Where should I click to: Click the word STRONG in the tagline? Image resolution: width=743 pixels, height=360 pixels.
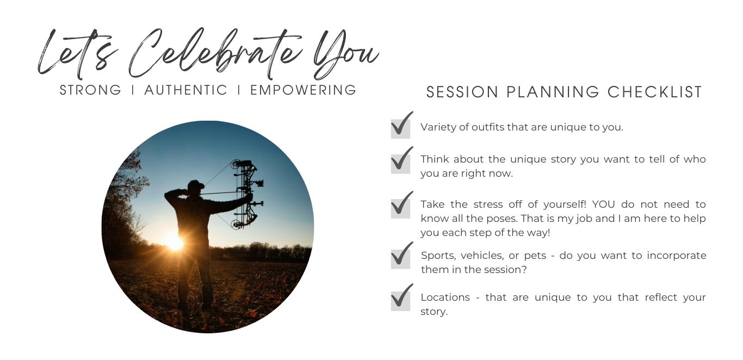90,90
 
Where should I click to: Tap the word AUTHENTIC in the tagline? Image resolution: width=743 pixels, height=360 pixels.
186,90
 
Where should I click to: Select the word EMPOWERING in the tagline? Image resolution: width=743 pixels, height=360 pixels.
303,90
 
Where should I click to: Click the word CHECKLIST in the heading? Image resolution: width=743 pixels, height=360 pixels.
655,92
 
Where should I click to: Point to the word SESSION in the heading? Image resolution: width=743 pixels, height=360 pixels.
462,92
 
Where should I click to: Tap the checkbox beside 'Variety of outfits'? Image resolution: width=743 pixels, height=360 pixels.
400,129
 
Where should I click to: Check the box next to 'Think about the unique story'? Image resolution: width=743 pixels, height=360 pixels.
400,164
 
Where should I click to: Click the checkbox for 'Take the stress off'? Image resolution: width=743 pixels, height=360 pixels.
400,208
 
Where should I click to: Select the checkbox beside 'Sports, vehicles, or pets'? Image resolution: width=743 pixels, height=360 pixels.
400,259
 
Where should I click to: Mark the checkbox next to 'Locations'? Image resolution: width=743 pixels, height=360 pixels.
400,301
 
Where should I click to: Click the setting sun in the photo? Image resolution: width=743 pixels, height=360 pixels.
174,243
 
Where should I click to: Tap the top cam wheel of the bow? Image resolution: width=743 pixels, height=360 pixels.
236,164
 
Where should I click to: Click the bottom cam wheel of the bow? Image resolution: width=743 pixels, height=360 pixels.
236,224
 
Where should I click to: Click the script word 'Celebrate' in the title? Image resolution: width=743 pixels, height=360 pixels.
215,53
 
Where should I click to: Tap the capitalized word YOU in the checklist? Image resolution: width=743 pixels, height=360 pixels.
603,204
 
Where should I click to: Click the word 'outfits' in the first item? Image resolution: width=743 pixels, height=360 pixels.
487,127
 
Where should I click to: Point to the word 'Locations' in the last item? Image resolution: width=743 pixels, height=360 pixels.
445,297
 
